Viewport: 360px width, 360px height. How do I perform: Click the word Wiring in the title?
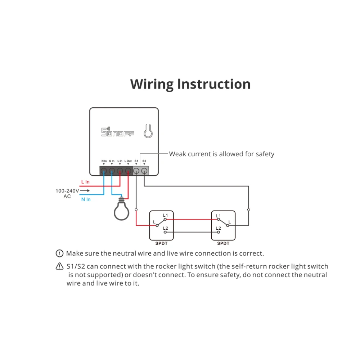[x=152, y=84]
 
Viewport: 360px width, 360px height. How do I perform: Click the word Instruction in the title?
[x=214, y=84]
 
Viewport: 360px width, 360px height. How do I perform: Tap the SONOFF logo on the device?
[x=117, y=132]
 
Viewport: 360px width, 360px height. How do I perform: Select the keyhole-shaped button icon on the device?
[x=148, y=131]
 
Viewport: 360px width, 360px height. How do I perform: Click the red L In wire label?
[x=85, y=182]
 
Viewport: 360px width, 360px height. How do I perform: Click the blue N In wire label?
[x=86, y=199]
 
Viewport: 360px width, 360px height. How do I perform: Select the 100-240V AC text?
[x=67, y=193]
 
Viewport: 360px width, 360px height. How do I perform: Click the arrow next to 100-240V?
[x=85, y=190]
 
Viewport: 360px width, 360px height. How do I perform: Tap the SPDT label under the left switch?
[x=162, y=243]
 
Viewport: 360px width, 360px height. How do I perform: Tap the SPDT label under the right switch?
[x=223, y=243]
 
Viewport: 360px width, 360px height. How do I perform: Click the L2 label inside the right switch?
[x=218, y=228]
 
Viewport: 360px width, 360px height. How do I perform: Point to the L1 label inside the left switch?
[x=165, y=215]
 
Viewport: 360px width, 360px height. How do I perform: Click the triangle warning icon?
[x=59, y=267]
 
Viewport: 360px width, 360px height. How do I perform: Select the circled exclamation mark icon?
[x=59, y=253]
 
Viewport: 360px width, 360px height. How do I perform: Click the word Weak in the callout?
[x=177, y=154]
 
